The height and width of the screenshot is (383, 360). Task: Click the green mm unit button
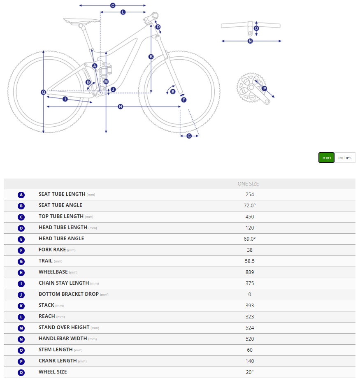point(326,158)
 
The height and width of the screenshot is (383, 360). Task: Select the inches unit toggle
point(345,158)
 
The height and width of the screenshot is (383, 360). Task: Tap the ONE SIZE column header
point(248,184)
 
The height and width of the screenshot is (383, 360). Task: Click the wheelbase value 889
point(249,272)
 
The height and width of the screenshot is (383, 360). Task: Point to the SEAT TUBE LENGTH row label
point(62,194)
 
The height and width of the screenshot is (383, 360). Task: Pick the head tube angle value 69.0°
point(249,239)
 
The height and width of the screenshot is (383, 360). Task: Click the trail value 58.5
point(249,261)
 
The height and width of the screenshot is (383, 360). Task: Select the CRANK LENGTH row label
point(58,361)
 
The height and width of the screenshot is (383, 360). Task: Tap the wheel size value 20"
point(249,372)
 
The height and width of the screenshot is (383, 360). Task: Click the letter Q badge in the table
point(21,372)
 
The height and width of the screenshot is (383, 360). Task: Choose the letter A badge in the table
point(21,195)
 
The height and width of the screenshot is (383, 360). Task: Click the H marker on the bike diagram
point(121,107)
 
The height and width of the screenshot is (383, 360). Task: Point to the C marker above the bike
point(112,6)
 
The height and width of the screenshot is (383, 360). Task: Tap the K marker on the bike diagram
point(151,57)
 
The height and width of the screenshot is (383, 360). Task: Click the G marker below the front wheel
point(189,136)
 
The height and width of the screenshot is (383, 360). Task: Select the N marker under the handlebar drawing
point(250,41)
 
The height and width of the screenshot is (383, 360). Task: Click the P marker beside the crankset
point(265,88)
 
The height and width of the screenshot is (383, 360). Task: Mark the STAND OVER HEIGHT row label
point(64,327)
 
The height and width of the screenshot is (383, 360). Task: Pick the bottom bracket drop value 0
point(249,294)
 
